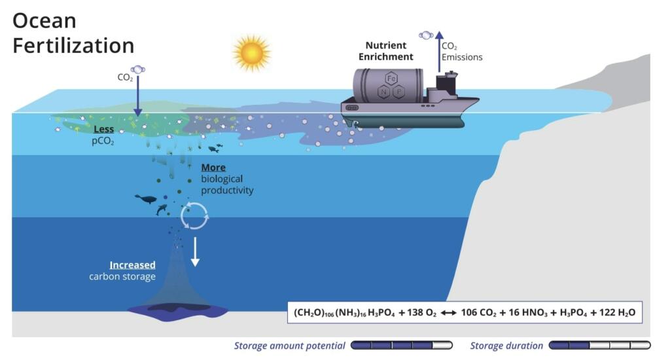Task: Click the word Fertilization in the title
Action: [x=73, y=45]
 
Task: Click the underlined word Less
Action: [x=103, y=130]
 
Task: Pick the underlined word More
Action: [x=213, y=168]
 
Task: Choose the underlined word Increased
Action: [x=132, y=265]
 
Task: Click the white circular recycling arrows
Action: [x=194, y=215]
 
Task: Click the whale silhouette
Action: [x=146, y=199]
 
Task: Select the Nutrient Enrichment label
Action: [x=386, y=51]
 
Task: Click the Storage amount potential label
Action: [x=290, y=346]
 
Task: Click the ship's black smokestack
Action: [x=451, y=82]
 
